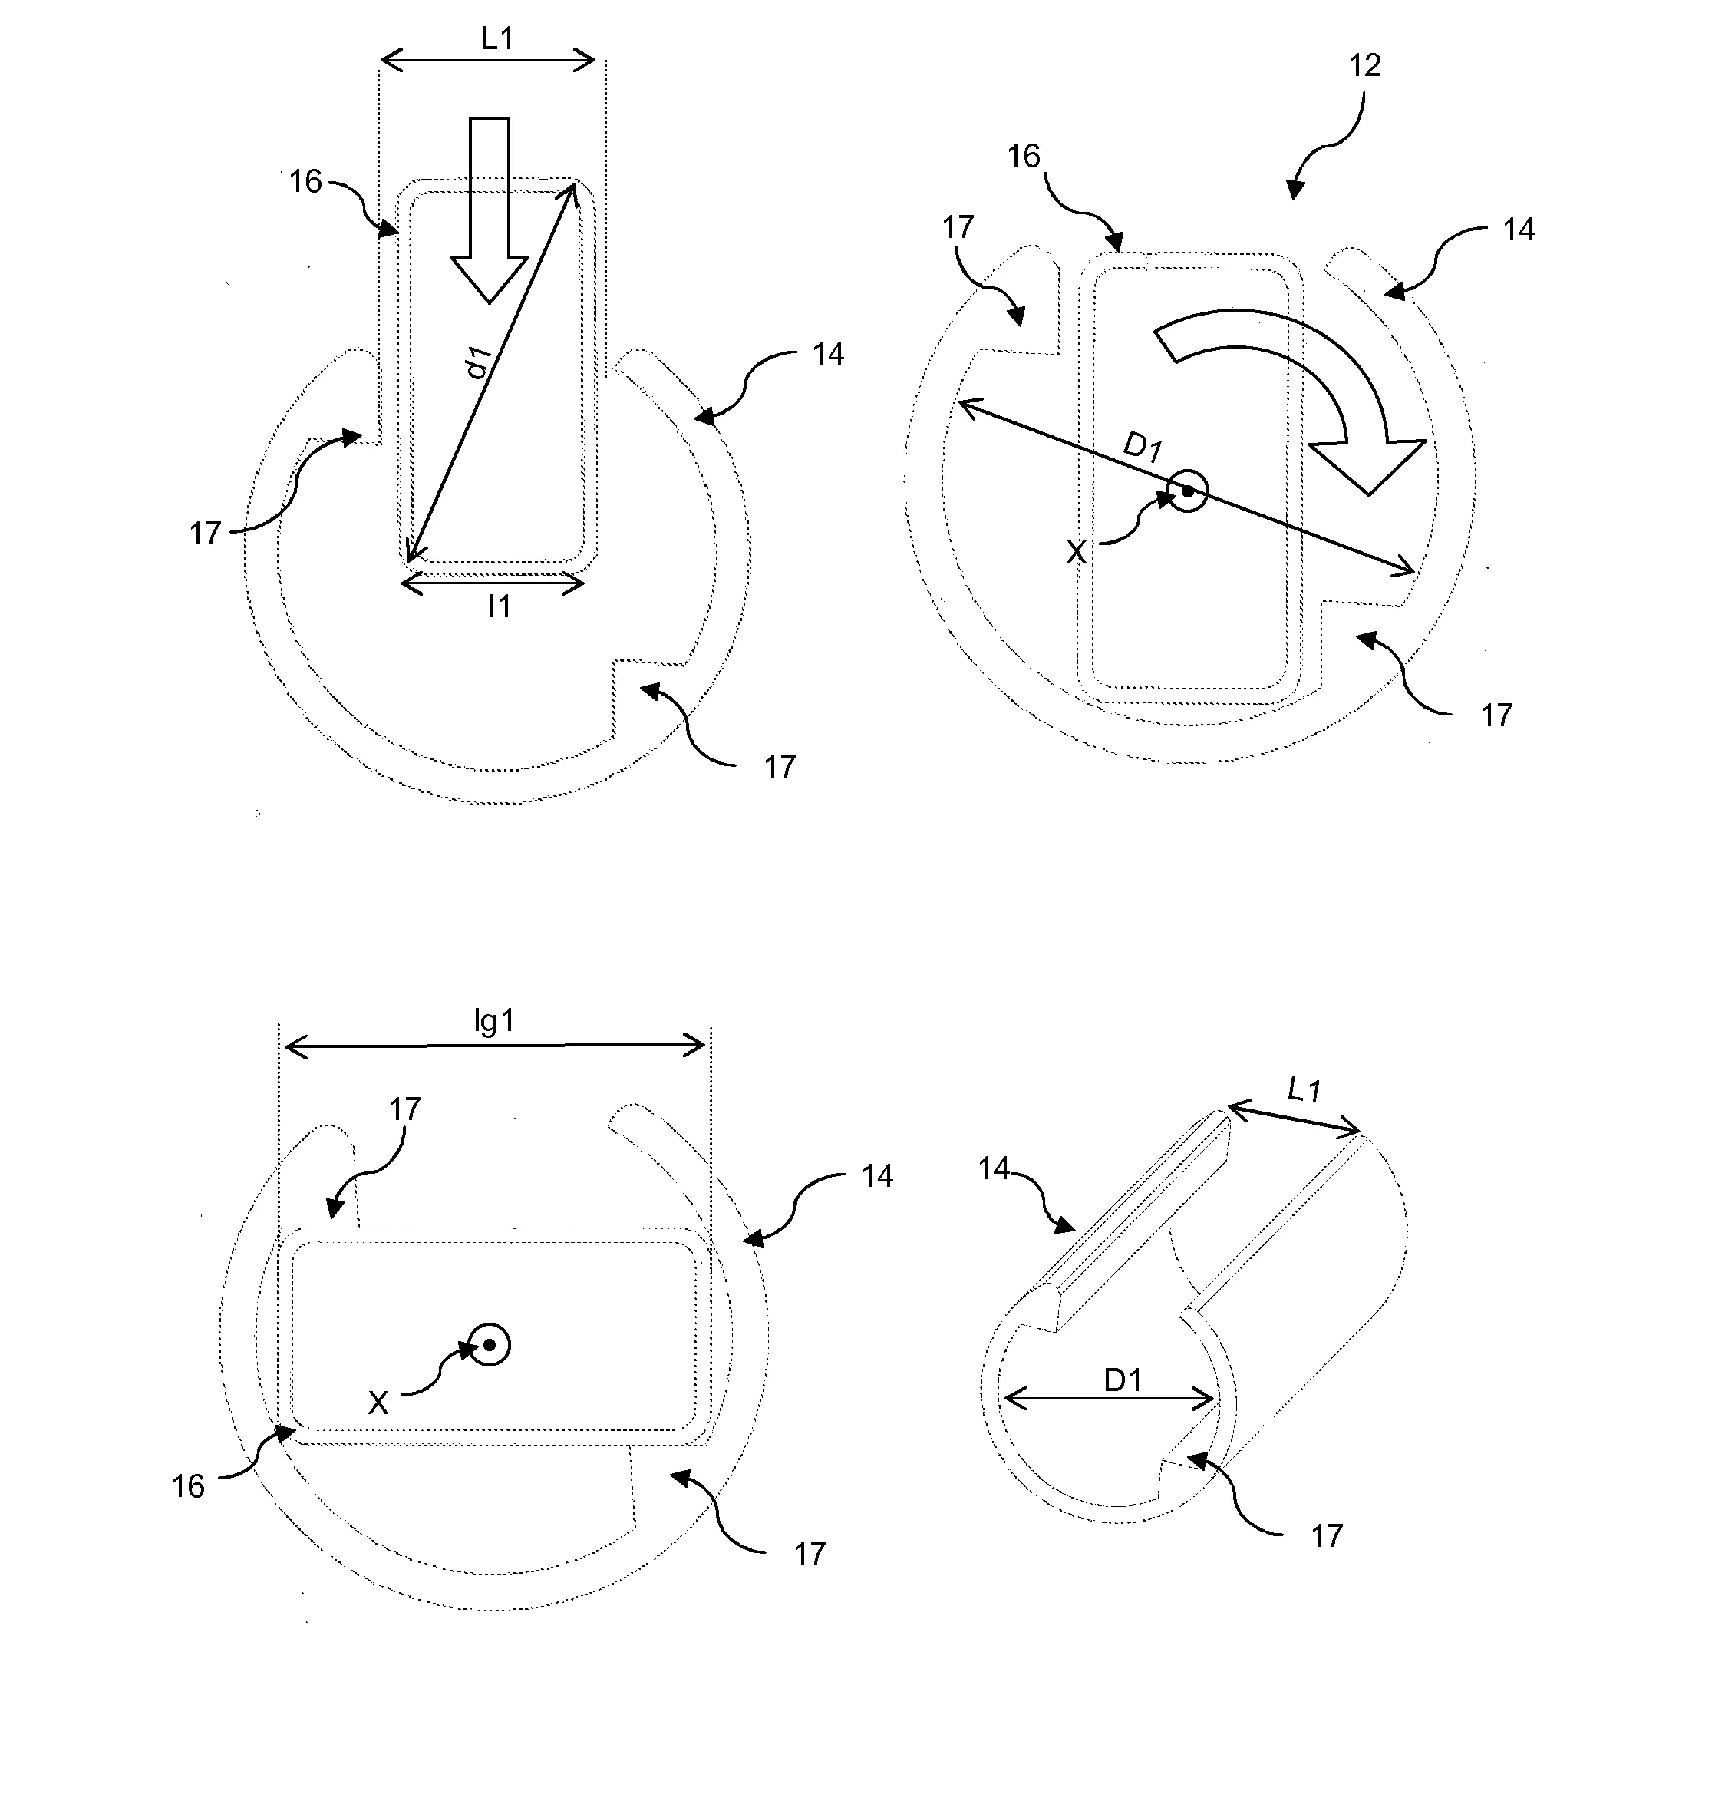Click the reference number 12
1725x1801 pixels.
[x=1364, y=65]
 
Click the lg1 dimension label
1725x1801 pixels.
[x=493, y=1022]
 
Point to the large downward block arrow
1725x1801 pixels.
[x=490, y=211]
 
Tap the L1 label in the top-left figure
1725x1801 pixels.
[x=497, y=38]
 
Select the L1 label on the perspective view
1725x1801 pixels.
[x=1304, y=1090]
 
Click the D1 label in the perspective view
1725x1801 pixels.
[x=1123, y=1380]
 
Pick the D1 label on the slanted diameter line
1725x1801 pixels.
[x=1143, y=448]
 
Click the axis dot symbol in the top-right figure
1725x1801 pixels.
[x=1188, y=491]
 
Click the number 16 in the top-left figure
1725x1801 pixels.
[x=306, y=182]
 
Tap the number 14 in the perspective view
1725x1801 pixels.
[x=994, y=1169]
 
